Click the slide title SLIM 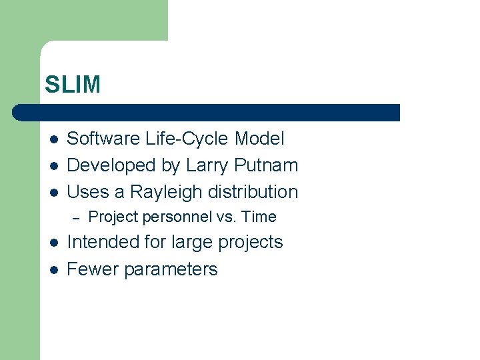[73, 85]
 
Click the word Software [96, 139]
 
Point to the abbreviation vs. [227, 217]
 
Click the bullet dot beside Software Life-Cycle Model [53, 139]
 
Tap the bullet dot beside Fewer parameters [53, 269]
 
